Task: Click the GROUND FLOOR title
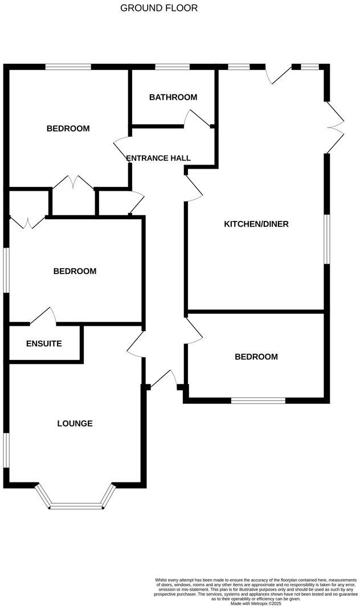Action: point(159,8)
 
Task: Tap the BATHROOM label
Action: point(173,97)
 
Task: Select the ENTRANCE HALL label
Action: point(158,158)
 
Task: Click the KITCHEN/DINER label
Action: point(256,224)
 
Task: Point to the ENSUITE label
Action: point(44,344)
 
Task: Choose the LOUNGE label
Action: point(75,424)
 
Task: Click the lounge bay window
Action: point(75,504)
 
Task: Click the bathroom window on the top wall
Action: point(173,67)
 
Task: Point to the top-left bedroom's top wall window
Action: point(68,67)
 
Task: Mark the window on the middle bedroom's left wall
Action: point(7,269)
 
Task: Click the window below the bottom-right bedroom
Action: point(258,401)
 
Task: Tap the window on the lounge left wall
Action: point(7,450)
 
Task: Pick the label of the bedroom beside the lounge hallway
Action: point(256,357)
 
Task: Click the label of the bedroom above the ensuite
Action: point(75,271)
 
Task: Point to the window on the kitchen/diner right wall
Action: point(327,239)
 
